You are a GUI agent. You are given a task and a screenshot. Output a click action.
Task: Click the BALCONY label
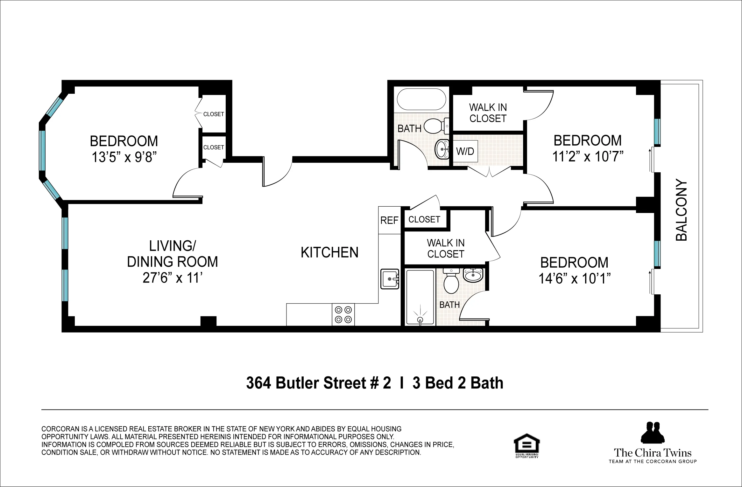[x=681, y=210]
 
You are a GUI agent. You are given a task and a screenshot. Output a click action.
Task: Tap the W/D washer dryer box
[x=465, y=151]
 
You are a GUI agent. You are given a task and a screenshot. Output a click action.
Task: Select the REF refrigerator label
[x=389, y=220]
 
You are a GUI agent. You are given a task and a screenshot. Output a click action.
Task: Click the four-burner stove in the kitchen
[x=343, y=314]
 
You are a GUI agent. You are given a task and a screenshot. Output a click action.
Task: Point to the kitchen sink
[x=390, y=279]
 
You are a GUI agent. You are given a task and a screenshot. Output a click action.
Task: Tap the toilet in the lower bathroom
[x=451, y=282]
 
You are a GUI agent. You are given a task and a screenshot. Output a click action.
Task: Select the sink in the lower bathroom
[x=473, y=274]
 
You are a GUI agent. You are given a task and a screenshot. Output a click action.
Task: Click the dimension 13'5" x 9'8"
[x=124, y=157]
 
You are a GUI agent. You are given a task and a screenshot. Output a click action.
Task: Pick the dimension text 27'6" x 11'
[x=173, y=278]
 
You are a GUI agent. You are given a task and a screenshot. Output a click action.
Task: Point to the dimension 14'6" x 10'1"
[x=574, y=278]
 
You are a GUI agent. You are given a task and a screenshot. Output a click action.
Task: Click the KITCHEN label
[x=329, y=253]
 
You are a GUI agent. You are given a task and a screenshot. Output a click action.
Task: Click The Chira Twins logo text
[x=653, y=453]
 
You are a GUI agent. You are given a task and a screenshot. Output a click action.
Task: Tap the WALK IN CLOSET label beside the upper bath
[x=488, y=113]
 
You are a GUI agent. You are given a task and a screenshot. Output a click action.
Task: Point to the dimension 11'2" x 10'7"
[x=588, y=156]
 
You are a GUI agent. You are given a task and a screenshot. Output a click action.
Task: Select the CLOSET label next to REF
[x=424, y=220]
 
